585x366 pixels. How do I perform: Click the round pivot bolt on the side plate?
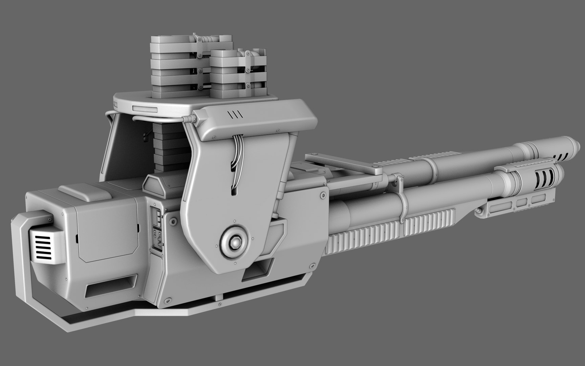pos(234,241)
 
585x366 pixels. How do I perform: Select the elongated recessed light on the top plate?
pos(145,109)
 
